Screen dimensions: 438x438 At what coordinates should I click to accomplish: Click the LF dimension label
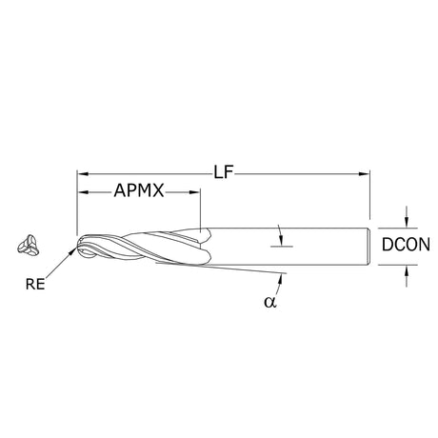coord(224,173)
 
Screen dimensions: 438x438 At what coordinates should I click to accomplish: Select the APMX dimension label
coord(139,190)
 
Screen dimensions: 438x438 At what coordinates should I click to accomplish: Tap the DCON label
coord(406,245)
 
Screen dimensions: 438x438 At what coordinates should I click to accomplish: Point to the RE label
coord(35,284)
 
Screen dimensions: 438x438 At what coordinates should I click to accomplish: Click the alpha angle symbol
coord(270,302)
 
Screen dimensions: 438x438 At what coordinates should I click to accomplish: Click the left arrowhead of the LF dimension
coord(83,173)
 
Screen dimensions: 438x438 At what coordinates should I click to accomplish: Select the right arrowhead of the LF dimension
coord(365,173)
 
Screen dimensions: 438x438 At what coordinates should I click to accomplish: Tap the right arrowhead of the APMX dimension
coord(194,192)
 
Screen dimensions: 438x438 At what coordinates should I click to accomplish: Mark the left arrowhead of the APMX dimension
coord(83,192)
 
